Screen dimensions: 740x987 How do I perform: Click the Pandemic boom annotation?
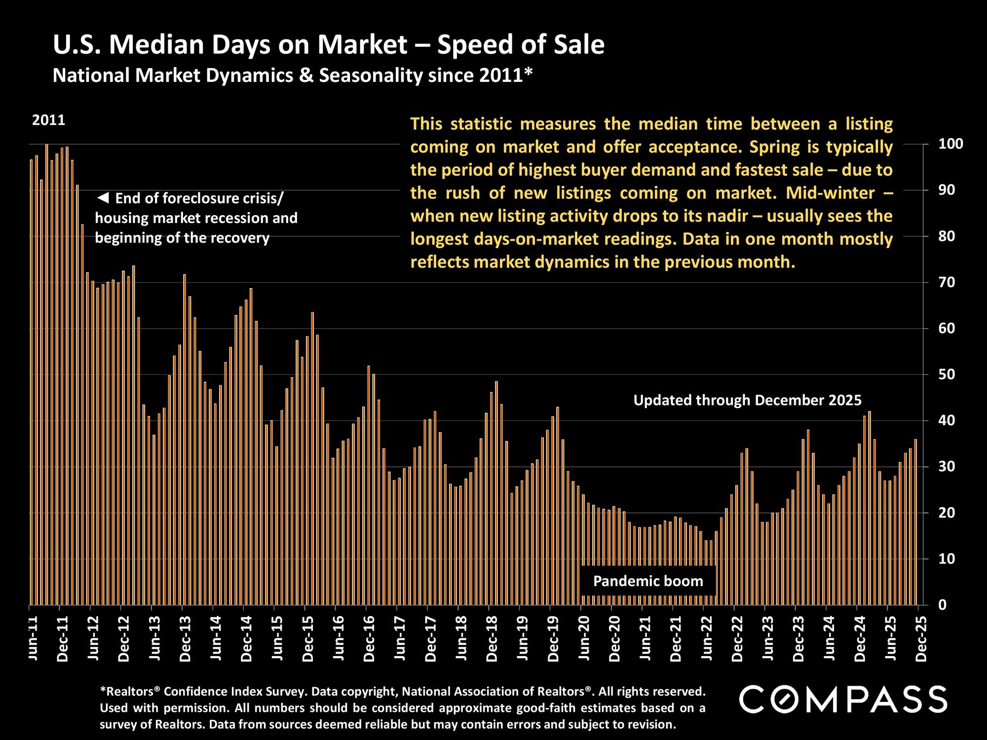pos(648,581)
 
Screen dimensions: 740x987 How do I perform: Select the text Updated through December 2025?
pos(747,400)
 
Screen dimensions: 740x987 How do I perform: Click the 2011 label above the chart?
pos(48,120)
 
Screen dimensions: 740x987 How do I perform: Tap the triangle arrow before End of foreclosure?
pos(103,198)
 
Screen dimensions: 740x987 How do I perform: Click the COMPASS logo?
pos(843,699)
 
